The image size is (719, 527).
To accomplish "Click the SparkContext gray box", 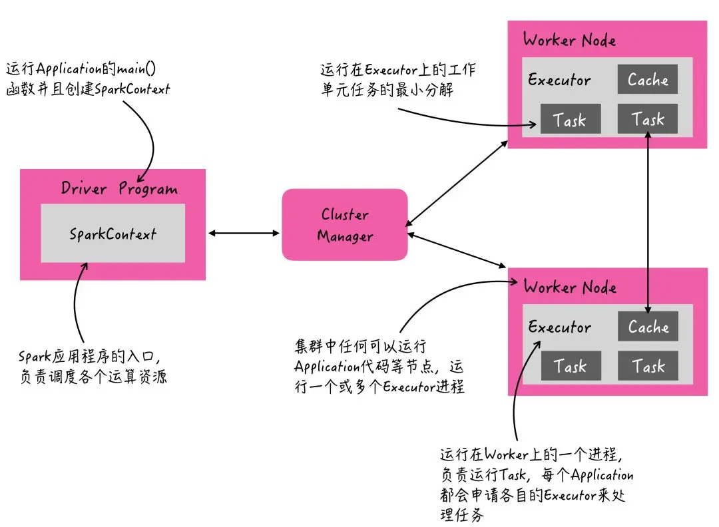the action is coord(113,234).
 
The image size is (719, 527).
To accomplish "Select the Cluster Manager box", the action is coord(345,224).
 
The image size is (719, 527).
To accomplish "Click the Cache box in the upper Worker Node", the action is coord(648,79).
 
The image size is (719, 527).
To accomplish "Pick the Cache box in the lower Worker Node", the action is coord(648,326).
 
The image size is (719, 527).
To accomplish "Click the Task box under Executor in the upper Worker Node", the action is coord(571,118).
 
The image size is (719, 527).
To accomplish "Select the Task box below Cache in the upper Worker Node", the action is coord(648,118).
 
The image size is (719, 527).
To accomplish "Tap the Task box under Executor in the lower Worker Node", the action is coord(571,366).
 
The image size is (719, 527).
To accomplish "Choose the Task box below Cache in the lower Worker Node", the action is coord(648,366).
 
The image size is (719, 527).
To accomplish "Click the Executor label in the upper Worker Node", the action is coord(559,80).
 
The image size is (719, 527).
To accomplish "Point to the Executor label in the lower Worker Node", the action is coord(560,327).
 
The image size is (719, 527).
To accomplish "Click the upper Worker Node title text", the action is coord(569,40).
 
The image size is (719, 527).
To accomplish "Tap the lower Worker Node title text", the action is coord(570,287).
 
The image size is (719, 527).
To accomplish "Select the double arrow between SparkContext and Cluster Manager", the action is coord(244,234).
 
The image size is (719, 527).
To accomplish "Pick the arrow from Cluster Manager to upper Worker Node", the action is coord(457,183).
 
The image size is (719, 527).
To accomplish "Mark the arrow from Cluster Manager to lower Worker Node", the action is coord(457,250).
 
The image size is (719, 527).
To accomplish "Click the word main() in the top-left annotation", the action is coord(136,69).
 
